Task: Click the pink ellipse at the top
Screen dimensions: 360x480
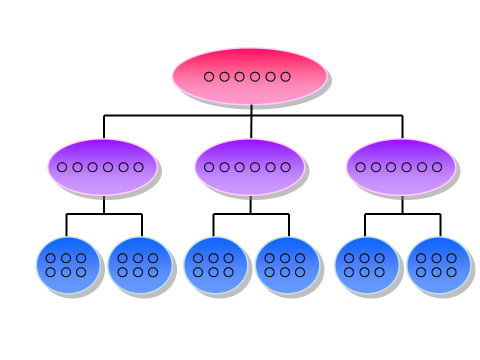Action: click(x=250, y=92)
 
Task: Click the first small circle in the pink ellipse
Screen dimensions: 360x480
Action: click(x=209, y=76)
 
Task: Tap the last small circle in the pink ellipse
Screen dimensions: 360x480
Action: click(x=285, y=76)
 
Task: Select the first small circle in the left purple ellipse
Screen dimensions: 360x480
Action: click(x=62, y=167)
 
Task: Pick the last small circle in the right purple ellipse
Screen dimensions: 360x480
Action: click(x=437, y=167)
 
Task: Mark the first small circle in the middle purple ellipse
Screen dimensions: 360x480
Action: click(x=209, y=167)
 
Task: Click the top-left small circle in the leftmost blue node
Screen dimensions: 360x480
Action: click(x=50, y=258)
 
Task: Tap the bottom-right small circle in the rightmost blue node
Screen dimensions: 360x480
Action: click(x=451, y=272)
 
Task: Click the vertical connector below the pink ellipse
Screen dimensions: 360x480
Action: click(x=251, y=110)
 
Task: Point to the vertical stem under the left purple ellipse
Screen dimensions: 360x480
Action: click(x=104, y=205)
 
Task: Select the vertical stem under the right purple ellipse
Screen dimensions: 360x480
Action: click(x=402, y=205)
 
